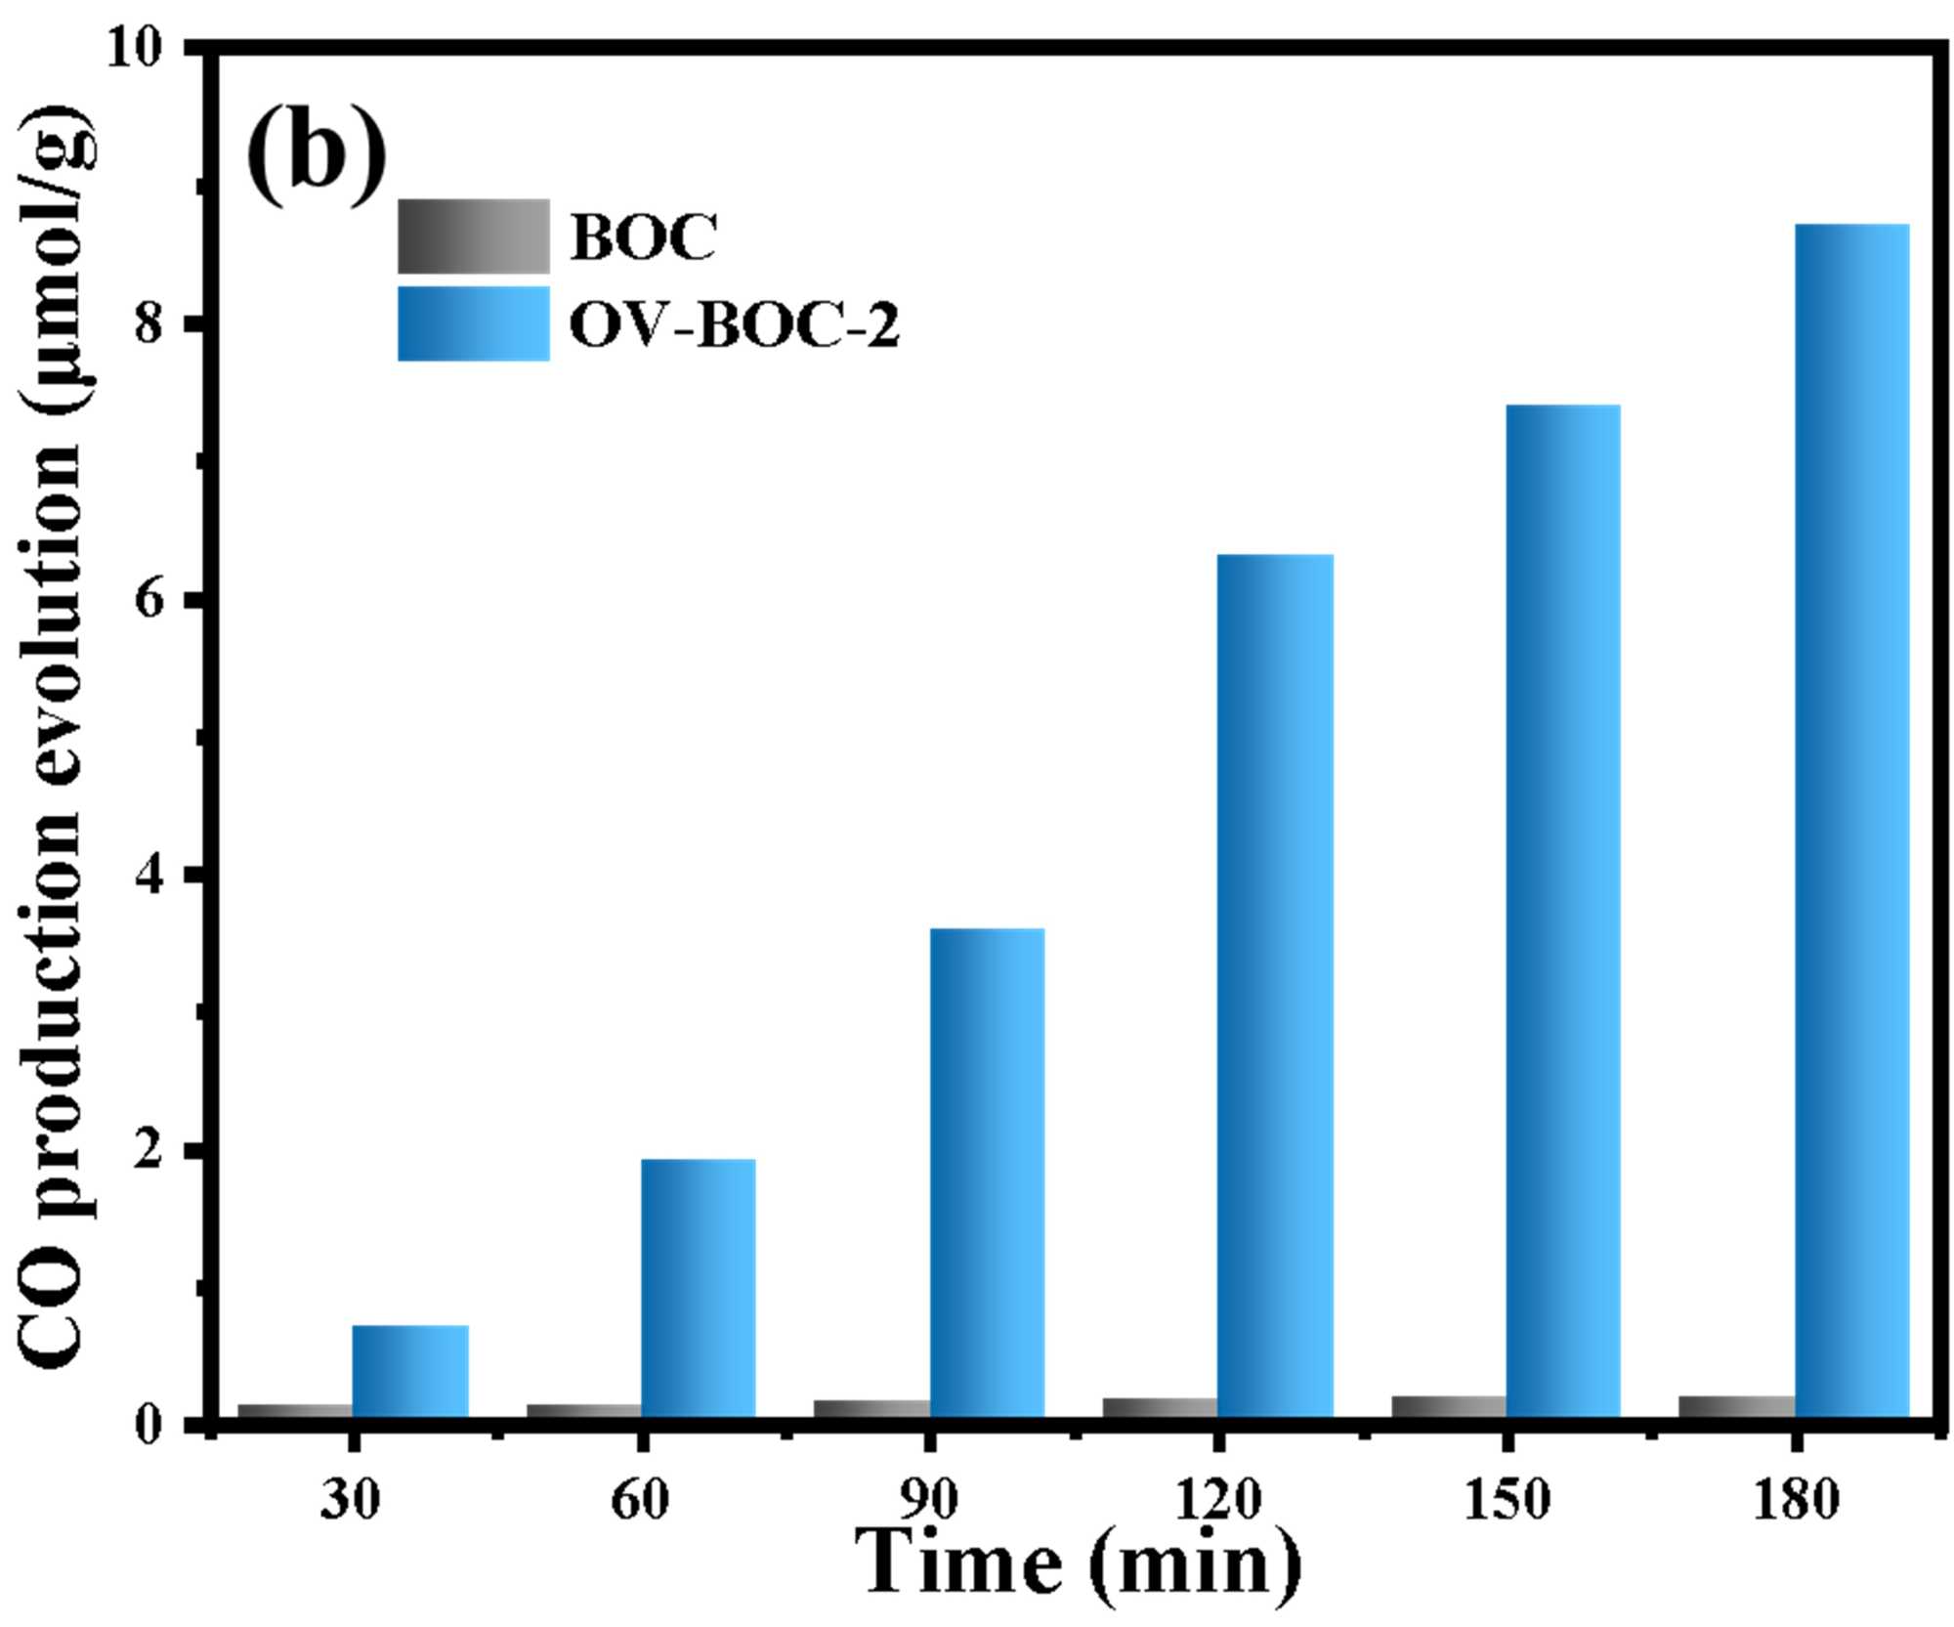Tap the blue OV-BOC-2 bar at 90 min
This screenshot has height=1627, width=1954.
(987, 1173)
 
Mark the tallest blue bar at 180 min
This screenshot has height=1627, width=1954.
(1852, 821)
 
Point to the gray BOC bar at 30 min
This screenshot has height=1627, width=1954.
(295, 1410)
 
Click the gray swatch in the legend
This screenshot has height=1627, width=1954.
(474, 236)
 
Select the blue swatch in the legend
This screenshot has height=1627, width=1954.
(474, 323)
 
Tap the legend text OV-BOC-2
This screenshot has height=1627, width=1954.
(734, 325)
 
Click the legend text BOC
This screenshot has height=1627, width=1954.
(644, 237)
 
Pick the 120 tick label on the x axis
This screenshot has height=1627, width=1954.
(1217, 1498)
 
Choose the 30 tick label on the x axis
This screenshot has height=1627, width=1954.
(350, 1498)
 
